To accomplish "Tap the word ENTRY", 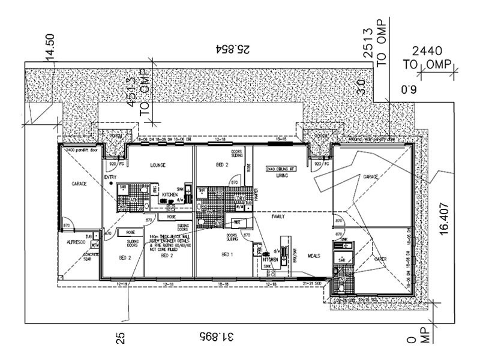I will [110, 177].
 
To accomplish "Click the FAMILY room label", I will [278, 216].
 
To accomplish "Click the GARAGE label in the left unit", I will [80, 184].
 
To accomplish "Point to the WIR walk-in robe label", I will [237, 221].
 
